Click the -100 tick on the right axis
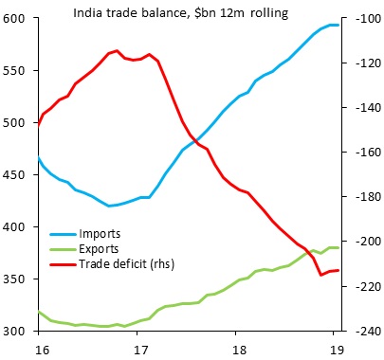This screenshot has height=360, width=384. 363,19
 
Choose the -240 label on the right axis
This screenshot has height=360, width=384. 363,332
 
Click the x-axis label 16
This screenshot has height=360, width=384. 38,348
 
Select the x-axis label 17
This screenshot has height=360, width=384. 140,348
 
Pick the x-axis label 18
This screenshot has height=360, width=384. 242,348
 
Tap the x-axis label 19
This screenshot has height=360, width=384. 336,348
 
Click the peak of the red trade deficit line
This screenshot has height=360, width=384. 116,50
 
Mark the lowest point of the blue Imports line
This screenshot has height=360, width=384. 110,206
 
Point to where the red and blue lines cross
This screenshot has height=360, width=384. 196,141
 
